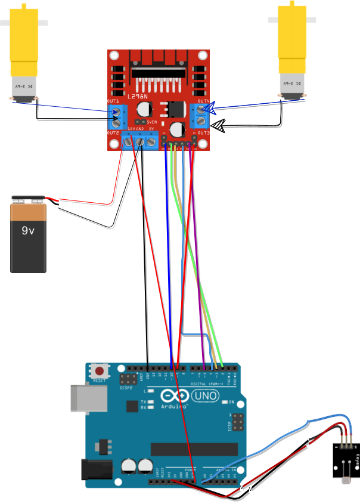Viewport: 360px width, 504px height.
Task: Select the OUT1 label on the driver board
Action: tap(113, 101)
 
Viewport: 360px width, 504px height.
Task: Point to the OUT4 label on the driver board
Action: tap(203, 101)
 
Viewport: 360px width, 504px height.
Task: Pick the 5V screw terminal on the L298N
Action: tap(151, 141)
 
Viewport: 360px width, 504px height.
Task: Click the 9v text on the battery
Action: tap(28, 230)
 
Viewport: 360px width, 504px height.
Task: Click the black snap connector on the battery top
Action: tap(28, 199)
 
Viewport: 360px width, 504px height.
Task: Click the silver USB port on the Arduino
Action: tap(82, 398)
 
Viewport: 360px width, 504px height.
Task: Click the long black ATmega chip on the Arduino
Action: tap(198, 449)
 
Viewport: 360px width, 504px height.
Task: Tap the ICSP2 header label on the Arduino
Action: tap(126, 388)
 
